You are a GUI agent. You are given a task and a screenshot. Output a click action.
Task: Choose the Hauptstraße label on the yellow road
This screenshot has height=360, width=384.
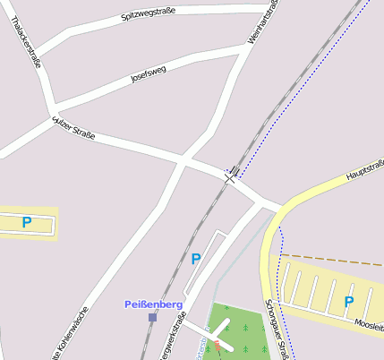pos(363,168)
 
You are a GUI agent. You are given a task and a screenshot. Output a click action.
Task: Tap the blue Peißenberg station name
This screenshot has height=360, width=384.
pos(153,304)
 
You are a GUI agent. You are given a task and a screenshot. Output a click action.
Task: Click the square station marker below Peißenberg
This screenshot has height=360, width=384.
pos(153,317)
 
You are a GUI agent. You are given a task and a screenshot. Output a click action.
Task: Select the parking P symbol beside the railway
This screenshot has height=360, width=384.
pos(196,260)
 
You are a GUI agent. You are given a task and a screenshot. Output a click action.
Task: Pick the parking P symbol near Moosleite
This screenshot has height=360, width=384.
pos(349,302)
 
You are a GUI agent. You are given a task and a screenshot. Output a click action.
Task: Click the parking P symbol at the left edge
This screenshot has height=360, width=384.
pos(26,222)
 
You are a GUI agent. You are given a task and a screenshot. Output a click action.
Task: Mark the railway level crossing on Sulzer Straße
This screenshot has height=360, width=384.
pos(231,174)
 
